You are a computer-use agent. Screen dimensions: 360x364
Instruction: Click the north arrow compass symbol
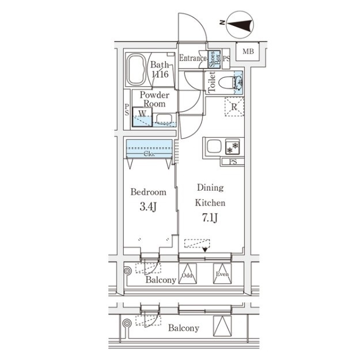point(240,25)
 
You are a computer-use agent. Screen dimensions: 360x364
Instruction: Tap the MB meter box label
point(248,51)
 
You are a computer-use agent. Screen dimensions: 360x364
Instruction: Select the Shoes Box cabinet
point(214,59)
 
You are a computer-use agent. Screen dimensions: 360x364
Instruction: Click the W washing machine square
point(142,117)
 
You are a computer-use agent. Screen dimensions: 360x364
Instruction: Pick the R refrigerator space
point(234,107)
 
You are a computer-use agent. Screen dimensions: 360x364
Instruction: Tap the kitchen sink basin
point(214,146)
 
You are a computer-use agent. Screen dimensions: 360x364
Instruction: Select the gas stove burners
point(233,147)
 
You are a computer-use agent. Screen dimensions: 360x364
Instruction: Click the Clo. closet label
point(149,154)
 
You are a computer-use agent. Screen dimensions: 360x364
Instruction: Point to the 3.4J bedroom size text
point(148,207)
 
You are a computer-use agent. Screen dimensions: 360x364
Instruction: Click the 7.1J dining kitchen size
point(210,218)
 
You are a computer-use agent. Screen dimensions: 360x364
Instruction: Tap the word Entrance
point(192,58)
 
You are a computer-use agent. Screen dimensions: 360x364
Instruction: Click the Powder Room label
point(154,99)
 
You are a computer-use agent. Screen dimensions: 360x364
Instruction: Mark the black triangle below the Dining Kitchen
point(204,250)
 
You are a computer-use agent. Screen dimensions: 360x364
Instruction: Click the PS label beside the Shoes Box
point(226,59)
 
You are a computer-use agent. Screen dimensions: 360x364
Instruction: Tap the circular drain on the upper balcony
point(127,271)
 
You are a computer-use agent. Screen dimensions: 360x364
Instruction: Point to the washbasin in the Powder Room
point(164,119)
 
